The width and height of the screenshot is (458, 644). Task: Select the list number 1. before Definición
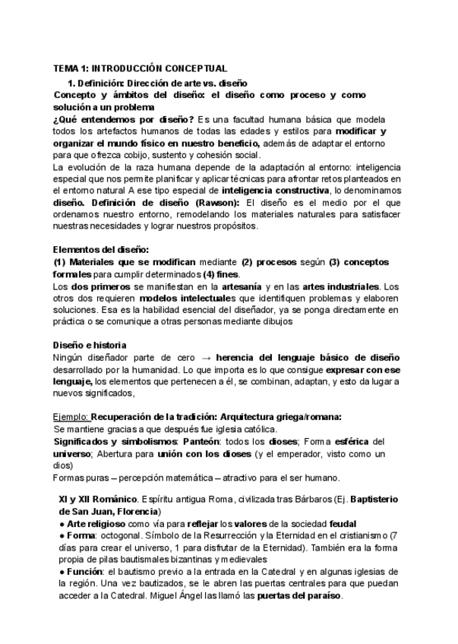71,82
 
